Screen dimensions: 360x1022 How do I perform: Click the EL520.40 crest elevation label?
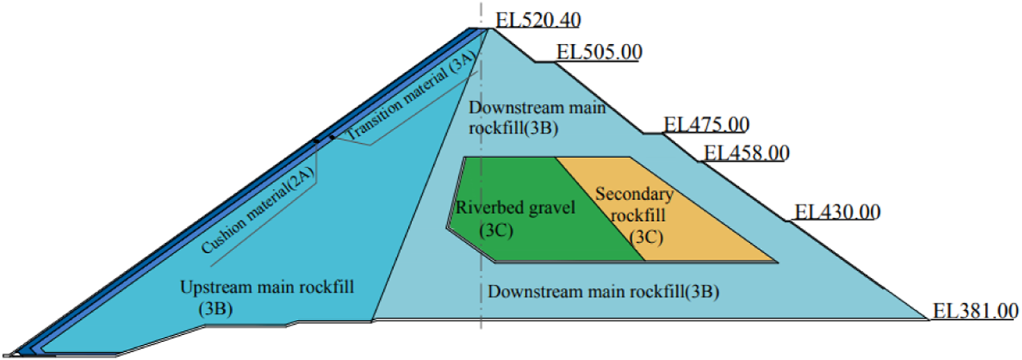coord(539,20)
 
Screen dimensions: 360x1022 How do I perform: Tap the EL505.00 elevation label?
coord(599,53)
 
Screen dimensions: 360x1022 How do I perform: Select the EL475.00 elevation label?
coord(706,124)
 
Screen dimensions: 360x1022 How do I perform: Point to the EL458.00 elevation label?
coord(746,152)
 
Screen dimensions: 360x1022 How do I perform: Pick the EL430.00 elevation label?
coord(836,211)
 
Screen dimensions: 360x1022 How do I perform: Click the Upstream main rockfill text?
coord(267,287)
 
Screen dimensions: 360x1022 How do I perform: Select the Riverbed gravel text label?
coord(516,208)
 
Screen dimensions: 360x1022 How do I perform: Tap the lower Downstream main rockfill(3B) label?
coord(604,292)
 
